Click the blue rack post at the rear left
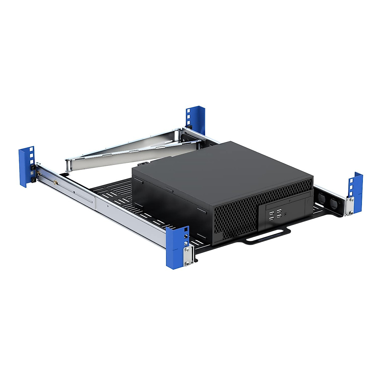[x=26, y=167]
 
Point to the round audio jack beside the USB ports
[x=286, y=214]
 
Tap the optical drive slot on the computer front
[x=285, y=205]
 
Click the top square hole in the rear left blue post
[x=31, y=149]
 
